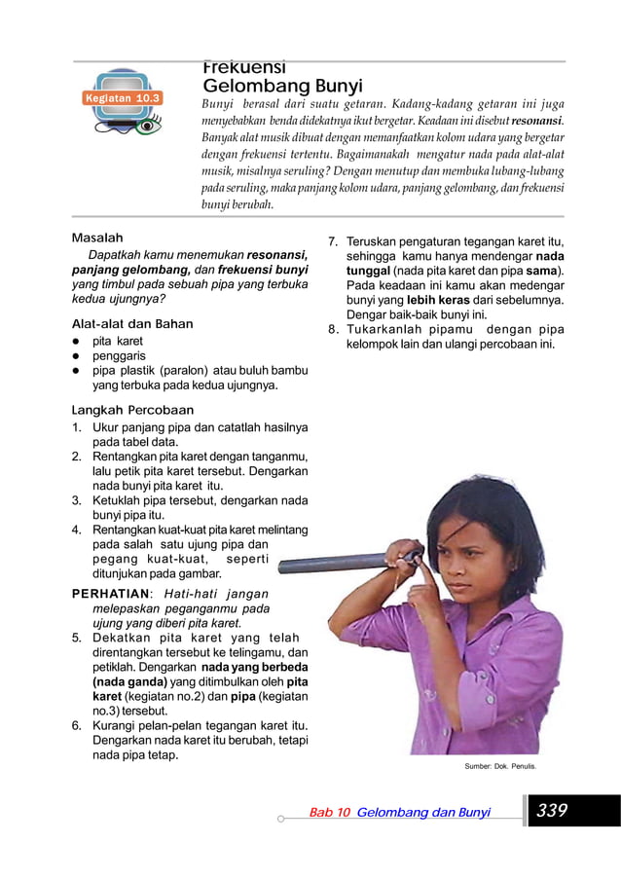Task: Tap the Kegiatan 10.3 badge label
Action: [122, 98]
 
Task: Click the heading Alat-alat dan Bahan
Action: [132, 323]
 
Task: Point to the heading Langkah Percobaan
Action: [132, 410]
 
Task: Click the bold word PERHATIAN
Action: [110, 594]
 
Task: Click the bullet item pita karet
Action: [117, 341]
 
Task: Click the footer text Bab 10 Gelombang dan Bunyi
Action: [399, 811]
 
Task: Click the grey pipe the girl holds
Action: [331, 564]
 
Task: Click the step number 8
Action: [332, 329]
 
